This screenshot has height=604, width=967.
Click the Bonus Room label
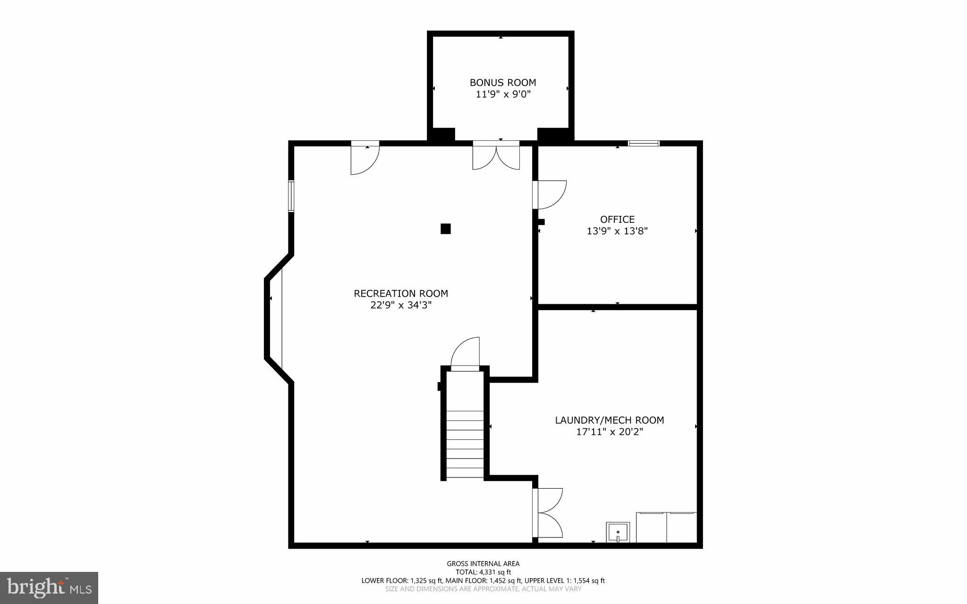pyautogui.click(x=502, y=83)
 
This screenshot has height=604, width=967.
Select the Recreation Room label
pyautogui.click(x=401, y=293)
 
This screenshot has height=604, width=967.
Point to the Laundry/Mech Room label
pyautogui.click(x=609, y=420)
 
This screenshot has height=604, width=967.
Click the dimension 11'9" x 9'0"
pyautogui.click(x=502, y=94)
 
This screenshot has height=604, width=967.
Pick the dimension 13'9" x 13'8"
pyautogui.click(x=617, y=231)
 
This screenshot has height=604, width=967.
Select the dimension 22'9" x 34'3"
pyautogui.click(x=401, y=305)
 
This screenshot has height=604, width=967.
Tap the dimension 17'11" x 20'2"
pyautogui.click(x=609, y=432)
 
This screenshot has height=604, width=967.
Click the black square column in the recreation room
pyautogui.click(x=445, y=229)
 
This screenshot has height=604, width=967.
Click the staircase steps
pyautogui.click(x=465, y=444)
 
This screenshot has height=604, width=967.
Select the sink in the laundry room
pyautogui.click(x=618, y=532)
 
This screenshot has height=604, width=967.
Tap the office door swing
pyautogui.click(x=550, y=195)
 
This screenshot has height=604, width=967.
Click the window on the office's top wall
pyautogui.click(x=643, y=143)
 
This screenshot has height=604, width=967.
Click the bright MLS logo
pyautogui.click(x=49, y=587)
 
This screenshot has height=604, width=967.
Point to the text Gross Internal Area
pyautogui.click(x=483, y=563)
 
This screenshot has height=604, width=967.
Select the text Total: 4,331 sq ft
pyautogui.click(x=483, y=572)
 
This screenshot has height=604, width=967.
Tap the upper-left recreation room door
pyautogui.click(x=365, y=158)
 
